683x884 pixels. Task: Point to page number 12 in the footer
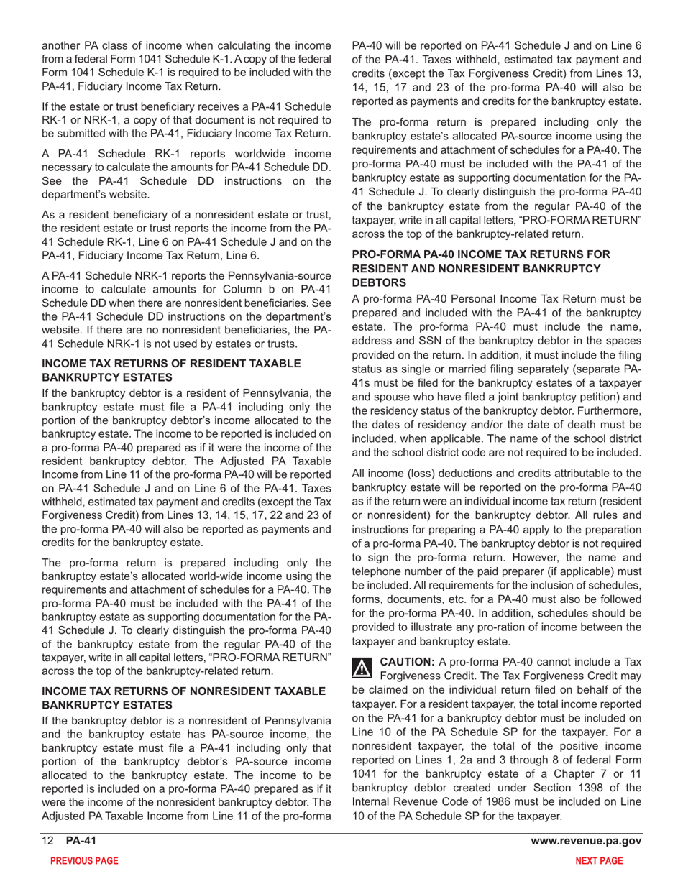(x=48, y=842)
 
